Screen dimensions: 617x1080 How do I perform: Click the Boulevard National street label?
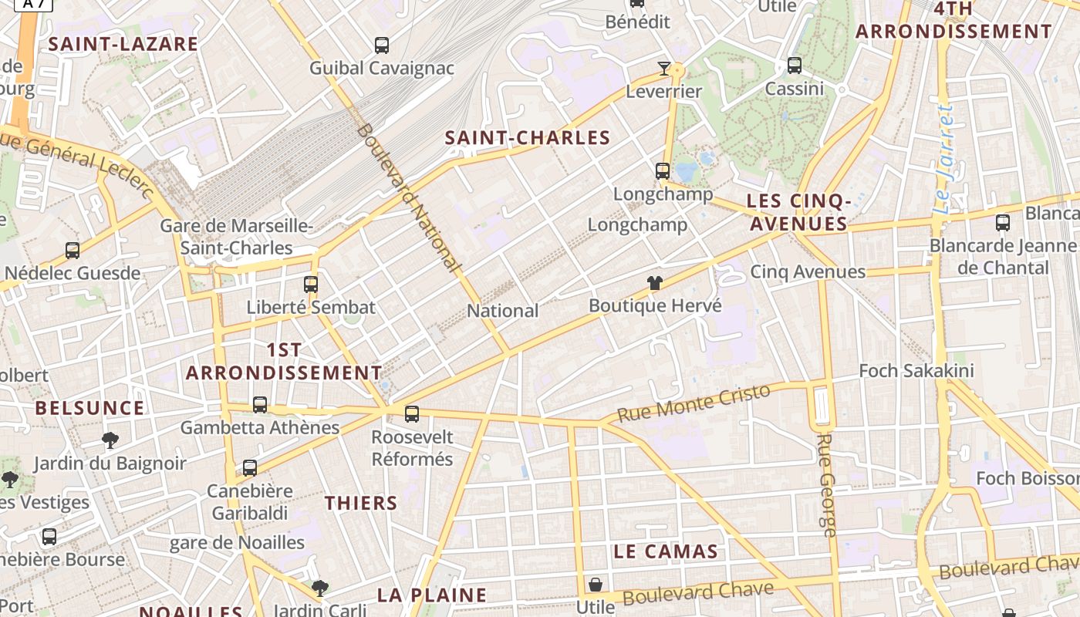[407, 197]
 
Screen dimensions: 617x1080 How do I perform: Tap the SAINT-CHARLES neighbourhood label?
[528, 138]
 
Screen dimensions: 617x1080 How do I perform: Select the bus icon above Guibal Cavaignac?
[382, 46]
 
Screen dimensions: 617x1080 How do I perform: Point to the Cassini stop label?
[795, 89]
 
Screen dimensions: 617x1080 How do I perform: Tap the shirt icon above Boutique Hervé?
[655, 283]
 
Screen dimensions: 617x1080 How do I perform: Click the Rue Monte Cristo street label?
[694, 403]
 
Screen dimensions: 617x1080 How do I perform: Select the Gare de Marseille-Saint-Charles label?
[236, 237]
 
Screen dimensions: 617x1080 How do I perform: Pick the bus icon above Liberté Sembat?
[311, 284]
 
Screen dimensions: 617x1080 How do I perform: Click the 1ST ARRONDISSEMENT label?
[284, 361]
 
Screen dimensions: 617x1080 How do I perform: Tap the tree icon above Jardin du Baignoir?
[110, 440]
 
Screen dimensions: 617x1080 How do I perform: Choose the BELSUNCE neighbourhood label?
[90, 408]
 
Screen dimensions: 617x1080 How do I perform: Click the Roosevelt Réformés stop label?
[412, 448]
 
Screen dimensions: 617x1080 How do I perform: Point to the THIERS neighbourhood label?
[361, 504]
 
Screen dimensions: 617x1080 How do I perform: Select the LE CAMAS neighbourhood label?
[667, 551]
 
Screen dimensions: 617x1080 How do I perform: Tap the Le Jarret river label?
[943, 160]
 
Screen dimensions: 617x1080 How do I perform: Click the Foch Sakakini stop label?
[916, 371]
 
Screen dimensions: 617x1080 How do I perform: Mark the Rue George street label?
[826, 484]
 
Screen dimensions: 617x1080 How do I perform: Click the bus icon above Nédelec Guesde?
[73, 251]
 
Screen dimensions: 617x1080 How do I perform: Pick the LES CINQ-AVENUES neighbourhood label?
[798, 212]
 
